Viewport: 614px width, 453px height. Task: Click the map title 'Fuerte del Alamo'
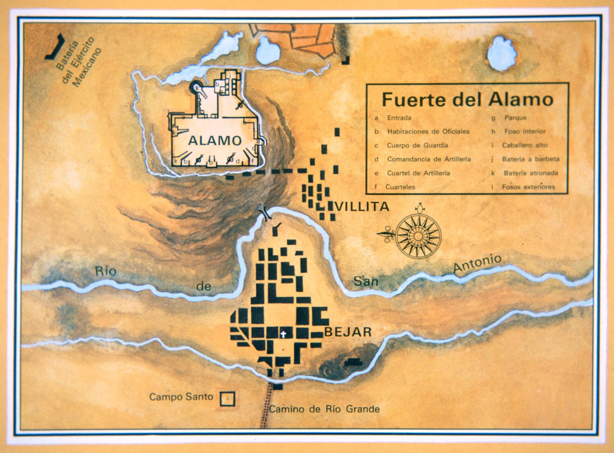pos(467,99)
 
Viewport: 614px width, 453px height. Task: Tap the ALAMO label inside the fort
pos(215,141)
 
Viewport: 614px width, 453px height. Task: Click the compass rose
pos(418,236)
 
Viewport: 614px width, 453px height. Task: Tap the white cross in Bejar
pos(283,334)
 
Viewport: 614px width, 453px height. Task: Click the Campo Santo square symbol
pos(227,399)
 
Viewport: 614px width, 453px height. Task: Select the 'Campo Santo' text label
pos(181,397)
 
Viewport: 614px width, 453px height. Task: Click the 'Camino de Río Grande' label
pos(324,409)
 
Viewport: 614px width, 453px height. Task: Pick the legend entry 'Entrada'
pos(399,118)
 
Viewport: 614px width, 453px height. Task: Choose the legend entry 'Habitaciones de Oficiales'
pos(428,131)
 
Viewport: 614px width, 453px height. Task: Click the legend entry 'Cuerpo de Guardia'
pos(417,145)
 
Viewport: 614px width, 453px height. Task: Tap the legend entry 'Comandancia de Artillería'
pos(428,159)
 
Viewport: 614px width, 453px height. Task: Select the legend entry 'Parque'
pos(516,118)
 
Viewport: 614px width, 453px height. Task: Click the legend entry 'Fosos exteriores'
pos(528,187)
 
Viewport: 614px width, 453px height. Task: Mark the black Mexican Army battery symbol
pos(55,48)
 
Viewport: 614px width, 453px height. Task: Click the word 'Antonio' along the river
pos(477,263)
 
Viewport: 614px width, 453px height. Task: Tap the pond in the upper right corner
pos(502,54)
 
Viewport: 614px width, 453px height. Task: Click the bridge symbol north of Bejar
pos(266,214)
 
